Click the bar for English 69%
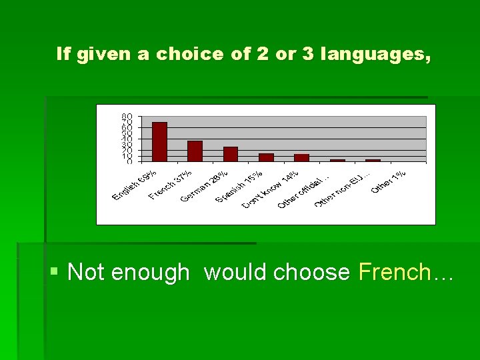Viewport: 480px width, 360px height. click(159, 141)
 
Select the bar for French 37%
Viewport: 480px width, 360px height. click(195, 151)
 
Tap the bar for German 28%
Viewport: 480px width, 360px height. click(231, 154)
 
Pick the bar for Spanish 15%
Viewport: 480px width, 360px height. click(266, 157)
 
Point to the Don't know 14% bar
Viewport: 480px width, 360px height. click(301, 157)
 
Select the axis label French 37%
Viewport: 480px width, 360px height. click(171, 184)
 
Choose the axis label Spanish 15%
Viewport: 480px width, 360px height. click(239, 187)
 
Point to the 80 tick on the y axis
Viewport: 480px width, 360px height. click(126, 117)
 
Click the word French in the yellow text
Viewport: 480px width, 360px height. click(395, 272)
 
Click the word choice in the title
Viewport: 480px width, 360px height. click(189, 54)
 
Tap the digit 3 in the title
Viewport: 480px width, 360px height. click(307, 54)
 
